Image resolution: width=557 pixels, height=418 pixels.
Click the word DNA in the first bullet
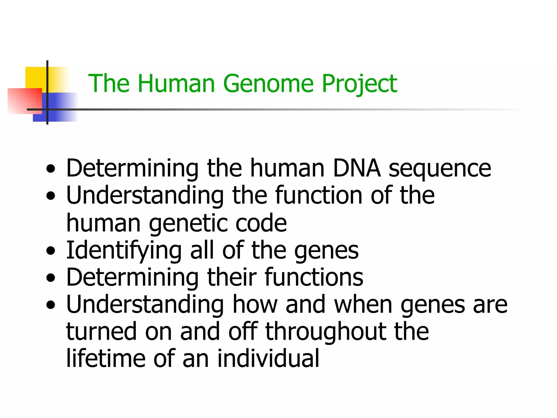356,168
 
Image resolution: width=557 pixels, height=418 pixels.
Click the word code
261,223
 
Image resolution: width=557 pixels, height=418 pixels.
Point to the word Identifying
124,250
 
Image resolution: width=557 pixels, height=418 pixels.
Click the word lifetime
106,359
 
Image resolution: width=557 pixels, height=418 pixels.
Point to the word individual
268,359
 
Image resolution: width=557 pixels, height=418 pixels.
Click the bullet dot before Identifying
51,251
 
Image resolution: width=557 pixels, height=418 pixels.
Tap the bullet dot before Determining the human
51,169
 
